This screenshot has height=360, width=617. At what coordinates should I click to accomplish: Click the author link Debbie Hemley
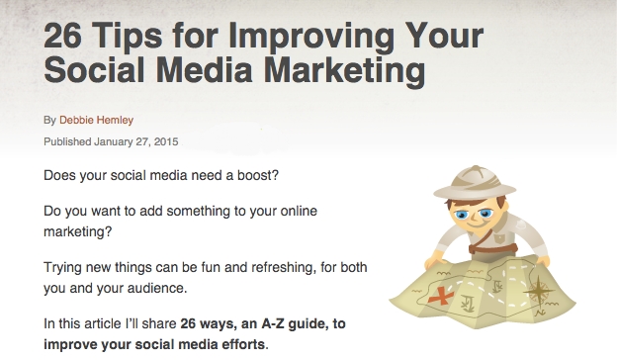(96, 121)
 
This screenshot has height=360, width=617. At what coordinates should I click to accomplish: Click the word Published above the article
(67, 141)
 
